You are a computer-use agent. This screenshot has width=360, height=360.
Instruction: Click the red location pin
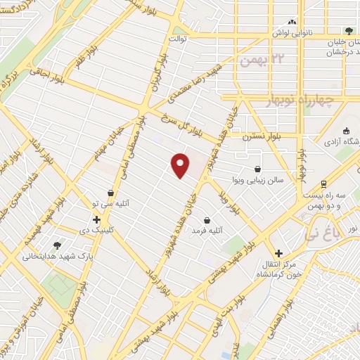(181, 165)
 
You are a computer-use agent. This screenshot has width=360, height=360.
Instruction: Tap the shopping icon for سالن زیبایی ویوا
(258, 169)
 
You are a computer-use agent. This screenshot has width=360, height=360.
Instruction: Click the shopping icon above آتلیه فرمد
(206, 219)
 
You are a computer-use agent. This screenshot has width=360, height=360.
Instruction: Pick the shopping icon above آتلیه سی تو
(110, 193)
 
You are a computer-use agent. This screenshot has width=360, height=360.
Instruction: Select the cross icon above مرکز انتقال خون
(279, 253)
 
